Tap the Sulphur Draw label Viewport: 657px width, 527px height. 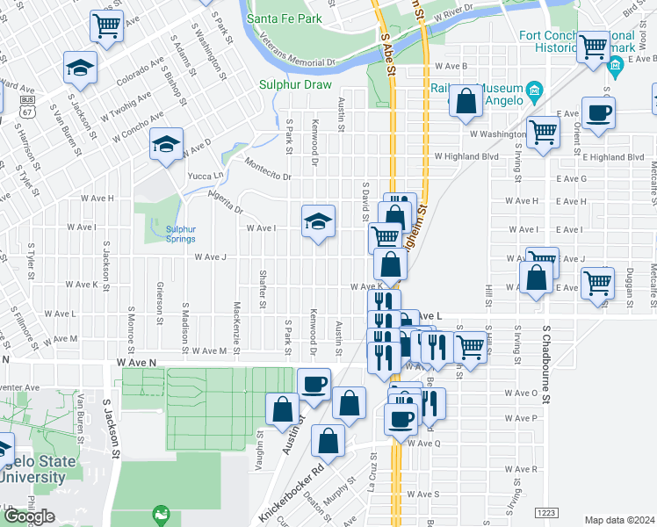294,85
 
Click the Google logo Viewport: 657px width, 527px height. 28,516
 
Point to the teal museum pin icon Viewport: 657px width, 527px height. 533,91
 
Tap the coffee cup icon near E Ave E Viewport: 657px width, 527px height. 598,113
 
